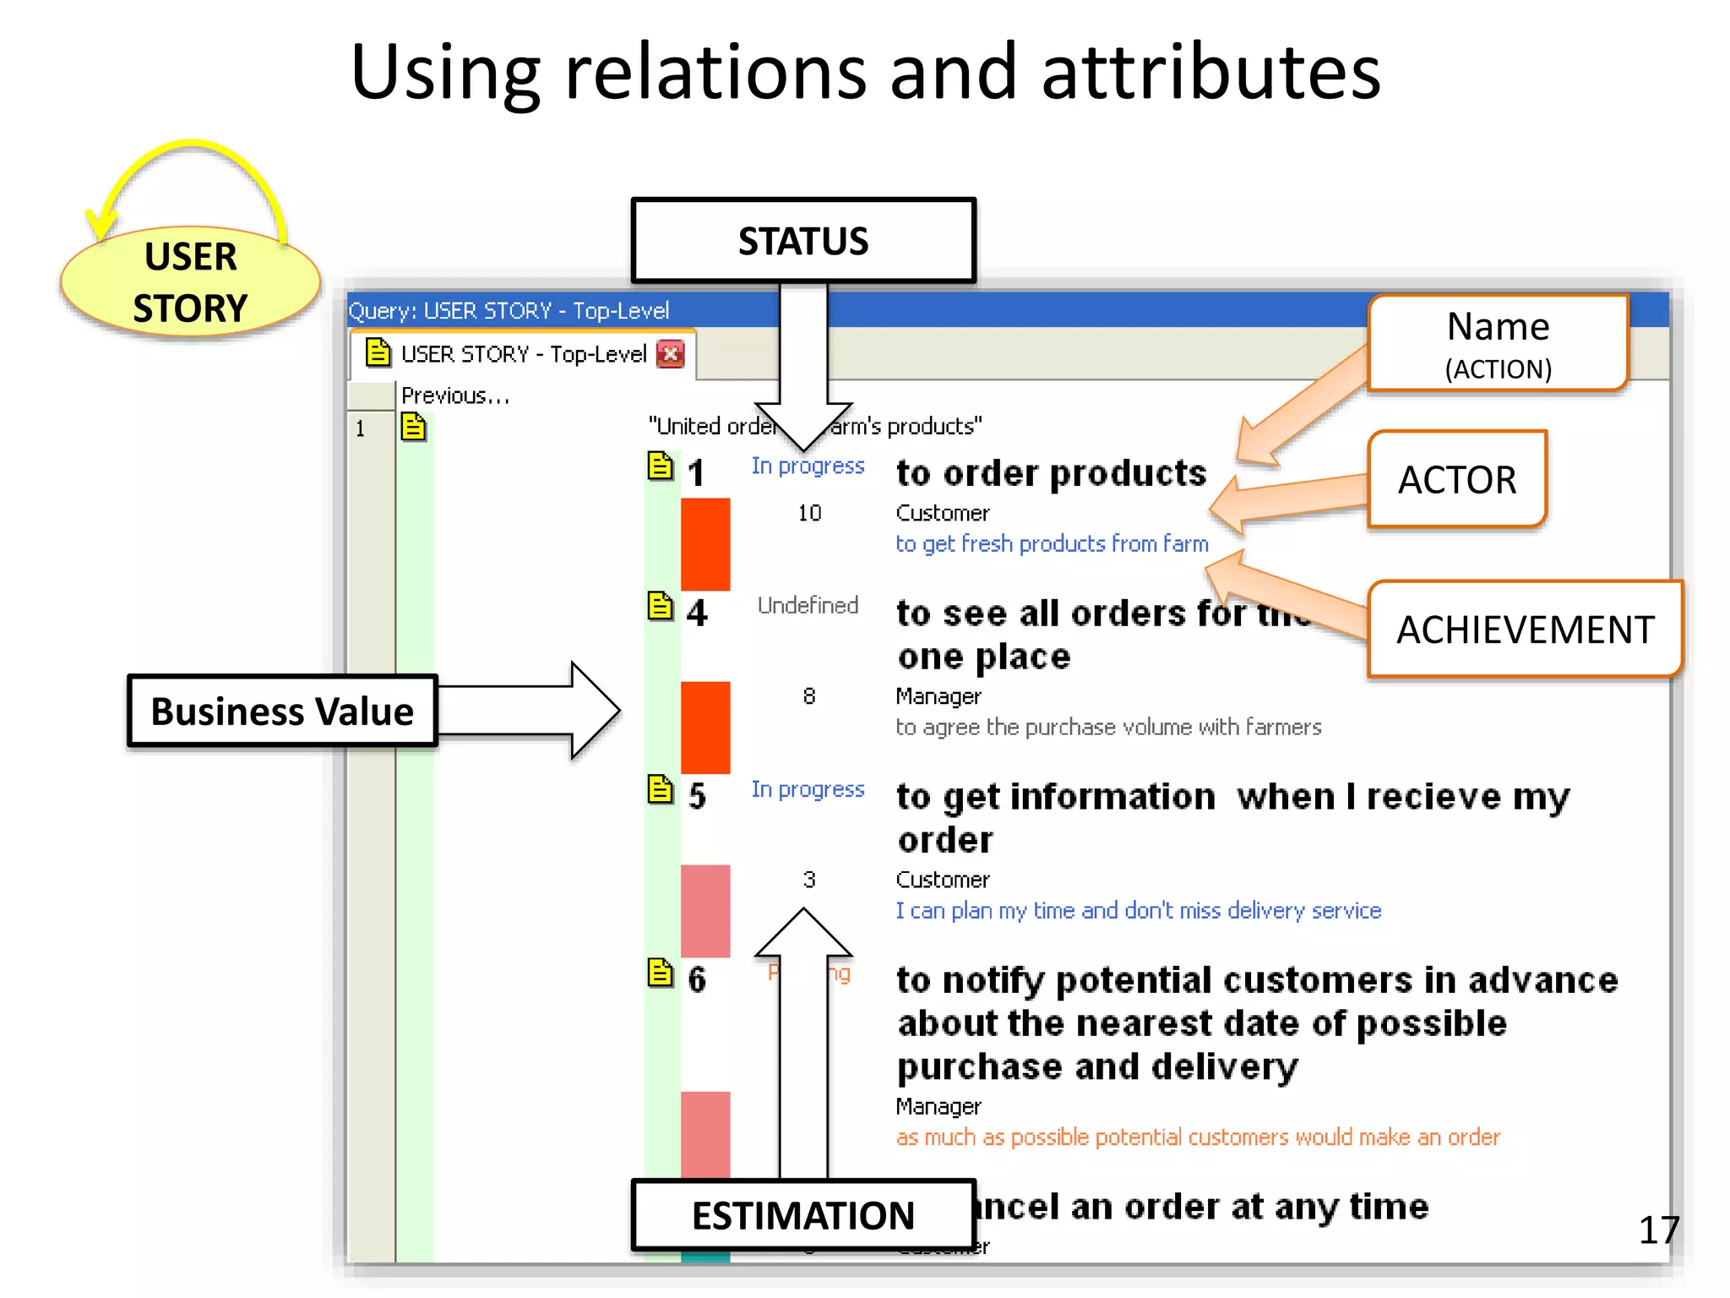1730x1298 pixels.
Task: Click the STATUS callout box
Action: pyautogui.click(x=802, y=241)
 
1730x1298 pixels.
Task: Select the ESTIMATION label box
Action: pyautogui.click(x=802, y=1214)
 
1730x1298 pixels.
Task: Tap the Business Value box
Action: pyautogui.click(x=282, y=711)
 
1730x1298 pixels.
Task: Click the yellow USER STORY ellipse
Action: pyautogui.click(x=191, y=282)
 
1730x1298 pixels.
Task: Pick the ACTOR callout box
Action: pyautogui.click(x=1457, y=479)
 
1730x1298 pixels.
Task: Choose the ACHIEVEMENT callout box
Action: pyautogui.click(x=1525, y=630)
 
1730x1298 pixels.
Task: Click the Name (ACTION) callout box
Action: pyautogui.click(x=1498, y=343)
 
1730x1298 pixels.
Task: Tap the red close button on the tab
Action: pyautogui.click(x=671, y=353)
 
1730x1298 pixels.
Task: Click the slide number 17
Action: pyautogui.click(x=1658, y=1230)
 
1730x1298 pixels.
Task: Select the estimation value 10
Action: pyautogui.click(x=809, y=513)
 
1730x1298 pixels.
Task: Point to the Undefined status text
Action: pyautogui.click(x=808, y=605)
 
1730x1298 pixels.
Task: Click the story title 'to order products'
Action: pyautogui.click(x=1051, y=473)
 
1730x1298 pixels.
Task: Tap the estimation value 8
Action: pyautogui.click(x=809, y=696)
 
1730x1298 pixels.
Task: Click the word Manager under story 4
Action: pyautogui.click(x=938, y=696)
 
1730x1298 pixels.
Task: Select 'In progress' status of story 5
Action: pyautogui.click(x=808, y=789)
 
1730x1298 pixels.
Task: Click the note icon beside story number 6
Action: pyautogui.click(x=661, y=973)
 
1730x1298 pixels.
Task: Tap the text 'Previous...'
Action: pyautogui.click(x=455, y=395)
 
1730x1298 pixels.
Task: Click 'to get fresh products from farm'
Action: pyautogui.click(x=1052, y=543)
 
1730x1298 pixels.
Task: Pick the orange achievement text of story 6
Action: pyautogui.click(x=1197, y=1137)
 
